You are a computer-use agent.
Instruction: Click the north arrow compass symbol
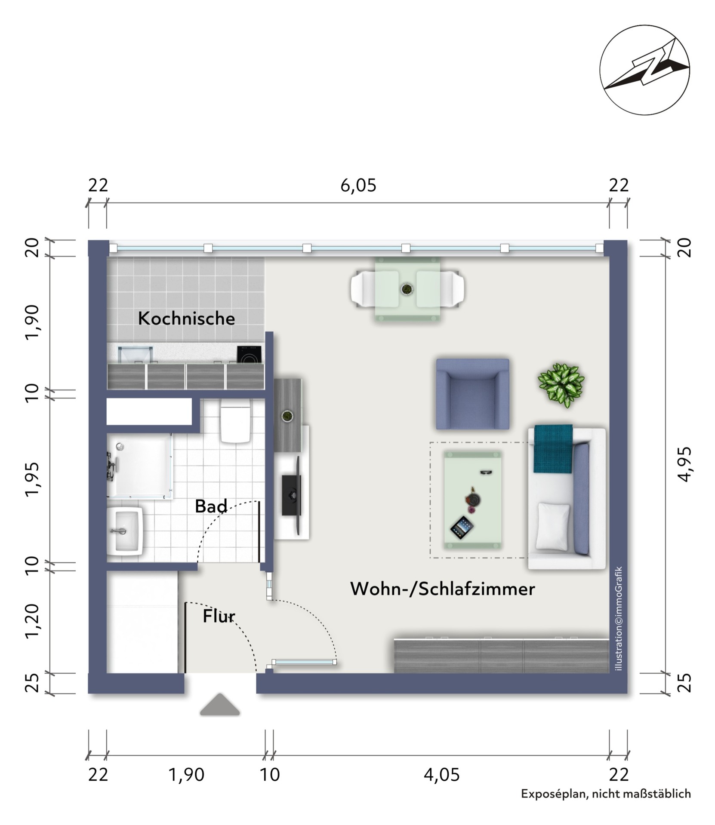644,70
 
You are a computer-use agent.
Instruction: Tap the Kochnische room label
186,319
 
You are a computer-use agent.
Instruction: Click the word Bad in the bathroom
211,506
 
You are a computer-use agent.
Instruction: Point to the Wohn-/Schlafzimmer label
443,589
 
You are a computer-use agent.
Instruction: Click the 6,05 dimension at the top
358,186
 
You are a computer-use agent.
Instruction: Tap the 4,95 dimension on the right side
684,464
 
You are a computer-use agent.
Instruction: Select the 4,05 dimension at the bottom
442,775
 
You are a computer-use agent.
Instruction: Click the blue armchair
472,394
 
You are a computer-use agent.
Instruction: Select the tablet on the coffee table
462,528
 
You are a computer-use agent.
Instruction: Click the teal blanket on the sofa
553,449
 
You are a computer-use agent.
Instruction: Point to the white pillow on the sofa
553,527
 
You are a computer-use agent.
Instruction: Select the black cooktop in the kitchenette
249,355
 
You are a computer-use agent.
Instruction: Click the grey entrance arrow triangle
220,705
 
